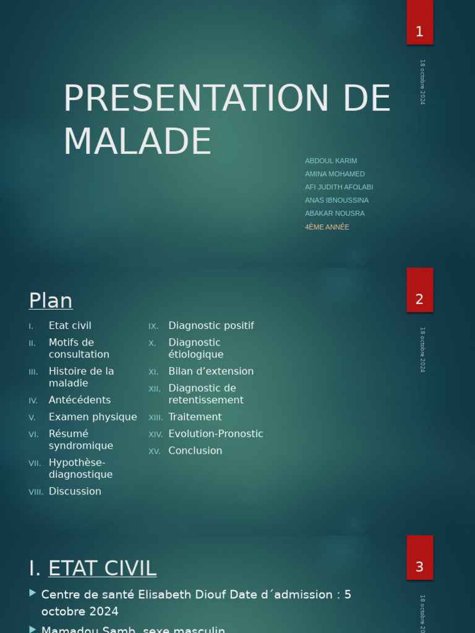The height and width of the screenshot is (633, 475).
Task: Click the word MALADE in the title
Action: [x=137, y=141]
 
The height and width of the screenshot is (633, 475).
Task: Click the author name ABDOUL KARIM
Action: [x=331, y=161]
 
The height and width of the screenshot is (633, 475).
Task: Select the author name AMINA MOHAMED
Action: [x=335, y=174]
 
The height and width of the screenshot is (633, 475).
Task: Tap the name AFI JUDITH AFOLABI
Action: [x=339, y=187]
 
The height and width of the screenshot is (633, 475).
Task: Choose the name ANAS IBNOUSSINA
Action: [x=336, y=200]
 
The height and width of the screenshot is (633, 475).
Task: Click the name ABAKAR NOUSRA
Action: [x=335, y=213]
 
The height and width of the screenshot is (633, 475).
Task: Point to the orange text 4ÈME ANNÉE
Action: [x=327, y=227]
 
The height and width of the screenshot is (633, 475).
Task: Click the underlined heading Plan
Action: [x=51, y=300]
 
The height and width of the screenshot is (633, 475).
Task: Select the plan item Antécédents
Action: [x=80, y=400]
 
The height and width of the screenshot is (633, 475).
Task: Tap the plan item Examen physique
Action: [x=93, y=417]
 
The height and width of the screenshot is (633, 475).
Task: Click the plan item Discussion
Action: [x=75, y=491]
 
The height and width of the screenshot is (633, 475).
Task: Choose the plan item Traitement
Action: [x=195, y=417]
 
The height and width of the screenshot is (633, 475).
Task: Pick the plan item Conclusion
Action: [x=195, y=451]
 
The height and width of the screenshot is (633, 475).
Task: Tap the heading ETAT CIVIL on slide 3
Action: [x=102, y=568]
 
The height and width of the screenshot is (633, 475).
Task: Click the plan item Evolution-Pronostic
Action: [x=216, y=434]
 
